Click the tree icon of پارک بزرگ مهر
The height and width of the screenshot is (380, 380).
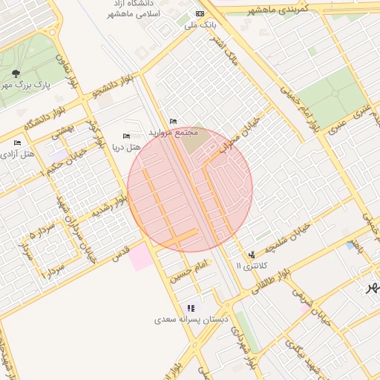[16, 73]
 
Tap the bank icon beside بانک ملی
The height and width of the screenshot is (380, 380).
[199, 13]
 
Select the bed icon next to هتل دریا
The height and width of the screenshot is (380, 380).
[125, 136]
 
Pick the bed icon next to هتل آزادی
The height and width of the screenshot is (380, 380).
[17, 142]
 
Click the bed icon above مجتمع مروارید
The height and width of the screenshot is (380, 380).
[173, 121]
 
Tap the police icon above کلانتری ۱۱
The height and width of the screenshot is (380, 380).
[250, 254]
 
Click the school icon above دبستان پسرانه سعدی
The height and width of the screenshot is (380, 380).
[191, 308]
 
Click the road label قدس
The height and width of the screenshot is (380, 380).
[120, 251]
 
